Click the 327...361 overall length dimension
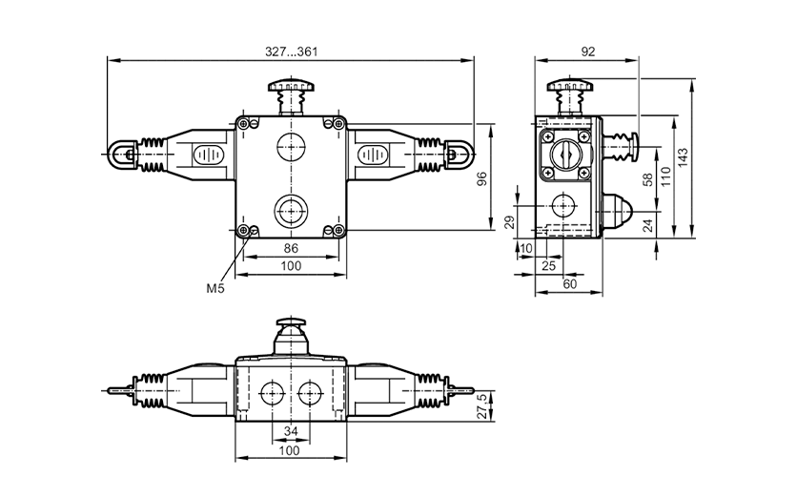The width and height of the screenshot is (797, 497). pyautogui.click(x=292, y=52)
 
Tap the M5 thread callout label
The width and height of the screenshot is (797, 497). pyautogui.click(x=215, y=288)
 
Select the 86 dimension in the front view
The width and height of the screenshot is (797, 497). pyautogui.click(x=291, y=248)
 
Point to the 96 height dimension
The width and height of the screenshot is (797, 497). pyautogui.click(x=481, y=178)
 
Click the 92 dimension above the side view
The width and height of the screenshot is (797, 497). pyautogui.click(x=587, y=52)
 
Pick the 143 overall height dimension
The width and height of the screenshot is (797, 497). pyautogui.click(x=683, y=157)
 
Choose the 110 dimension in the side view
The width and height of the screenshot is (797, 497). pyautogui.click(x=665, y=176)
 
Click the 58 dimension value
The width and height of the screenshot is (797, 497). pyautogui.click(x=647, y=179)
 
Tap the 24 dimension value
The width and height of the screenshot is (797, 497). pyautogui.click(x=647, y=225)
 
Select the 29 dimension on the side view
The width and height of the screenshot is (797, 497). pyautogui.click(x=510, y=222)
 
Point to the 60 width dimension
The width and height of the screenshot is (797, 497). pyautogui.click(x=570, y=284)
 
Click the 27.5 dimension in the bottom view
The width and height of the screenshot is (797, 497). pyautogui.click(x=481, y=405)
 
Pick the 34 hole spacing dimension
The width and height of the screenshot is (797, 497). pyautogui.click(x=291, y=431)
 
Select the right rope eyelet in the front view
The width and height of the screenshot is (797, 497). pyautogui.click(x=460, y=154)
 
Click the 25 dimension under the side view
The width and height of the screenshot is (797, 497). pyautogui.click(x=549, y=265)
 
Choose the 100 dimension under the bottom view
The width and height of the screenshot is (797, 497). pyautogui.click(x=290, y=450)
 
